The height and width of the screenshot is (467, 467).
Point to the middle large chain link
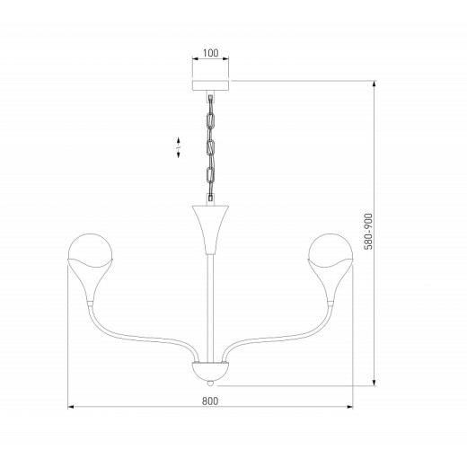[x=210, y=146]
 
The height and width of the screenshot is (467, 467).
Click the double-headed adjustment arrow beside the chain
[x=178, y=147]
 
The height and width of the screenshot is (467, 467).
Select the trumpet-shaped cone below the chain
[x=209, y=225]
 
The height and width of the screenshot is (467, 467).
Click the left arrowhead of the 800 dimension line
[x=72, y=409]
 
